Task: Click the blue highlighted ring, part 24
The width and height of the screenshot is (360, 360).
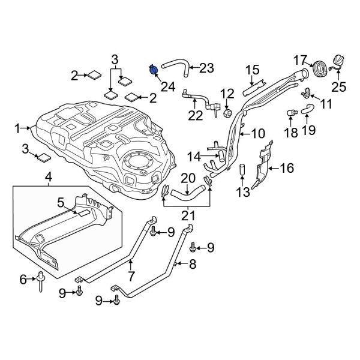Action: point(154,70)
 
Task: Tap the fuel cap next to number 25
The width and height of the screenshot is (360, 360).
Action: point(336,63)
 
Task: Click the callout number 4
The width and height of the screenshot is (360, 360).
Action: point(49,177)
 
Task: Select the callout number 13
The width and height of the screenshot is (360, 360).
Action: point(243,192)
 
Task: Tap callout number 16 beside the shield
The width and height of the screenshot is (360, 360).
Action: point(287,169)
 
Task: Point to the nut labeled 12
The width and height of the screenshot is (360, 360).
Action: point(227,112)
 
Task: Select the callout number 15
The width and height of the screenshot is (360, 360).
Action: point(252,70)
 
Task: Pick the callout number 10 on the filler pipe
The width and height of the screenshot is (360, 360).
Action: point(257,133)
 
